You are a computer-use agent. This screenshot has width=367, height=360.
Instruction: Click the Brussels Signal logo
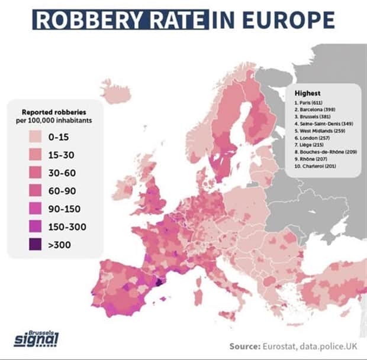click(36, 339)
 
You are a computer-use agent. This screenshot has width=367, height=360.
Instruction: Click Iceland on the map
click(116, 92)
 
